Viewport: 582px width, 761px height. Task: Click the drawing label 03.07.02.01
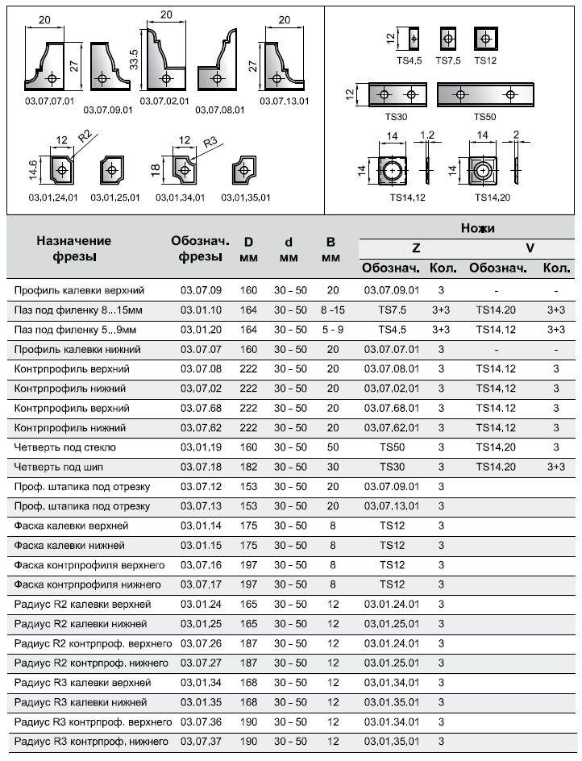point(164,102)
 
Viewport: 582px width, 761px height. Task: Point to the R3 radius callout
point(210,142)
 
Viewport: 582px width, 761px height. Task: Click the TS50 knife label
point(484,117)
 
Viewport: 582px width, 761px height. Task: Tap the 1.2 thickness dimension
point(426,135)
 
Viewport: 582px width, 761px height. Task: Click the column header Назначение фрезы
point(73,248)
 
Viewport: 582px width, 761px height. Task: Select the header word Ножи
point(477,229)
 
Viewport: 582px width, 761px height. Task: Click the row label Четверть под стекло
point(65,447)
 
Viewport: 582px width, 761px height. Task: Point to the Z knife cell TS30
point(393,467)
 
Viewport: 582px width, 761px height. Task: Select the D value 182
point(249,467)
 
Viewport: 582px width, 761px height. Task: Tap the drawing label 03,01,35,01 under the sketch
point(247,198)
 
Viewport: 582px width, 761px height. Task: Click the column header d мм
point(289,249)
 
